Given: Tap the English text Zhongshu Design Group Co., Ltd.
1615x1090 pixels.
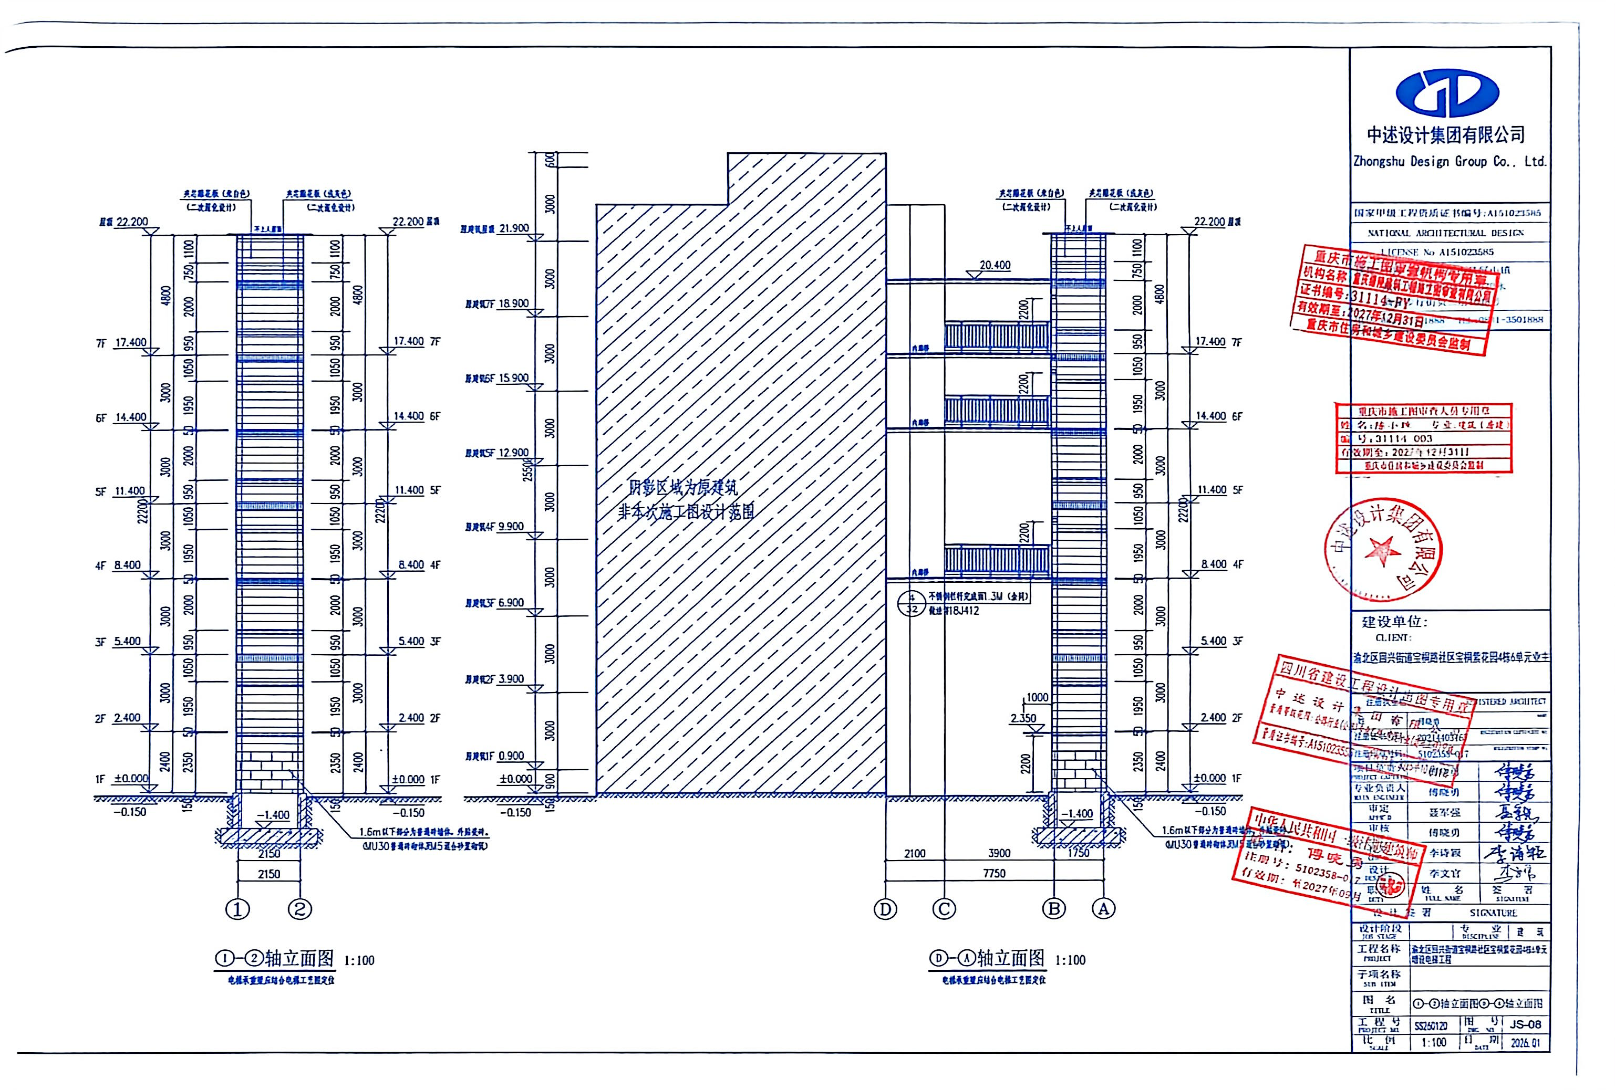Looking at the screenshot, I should click(x=1450, y=162).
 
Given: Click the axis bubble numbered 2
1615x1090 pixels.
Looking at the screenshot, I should click(x=300, y=909).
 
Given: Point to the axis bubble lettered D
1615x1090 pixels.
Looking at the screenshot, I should click(x=885, y=909).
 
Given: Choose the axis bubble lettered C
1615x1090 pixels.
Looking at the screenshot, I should click(x=944, y=909).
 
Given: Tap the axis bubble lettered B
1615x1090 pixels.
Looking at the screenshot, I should click(x=1054, y=909).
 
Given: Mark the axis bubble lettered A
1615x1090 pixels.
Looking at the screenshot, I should click(x=1103, y=909).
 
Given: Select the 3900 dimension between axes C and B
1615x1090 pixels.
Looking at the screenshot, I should click(x=999, y=853).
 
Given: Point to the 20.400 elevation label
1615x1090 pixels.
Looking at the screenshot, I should click(x=995, y=265).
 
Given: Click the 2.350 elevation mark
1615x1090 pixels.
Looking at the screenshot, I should click(x=1023, y=718).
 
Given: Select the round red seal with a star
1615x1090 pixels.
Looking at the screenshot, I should click(x=1383, y=551).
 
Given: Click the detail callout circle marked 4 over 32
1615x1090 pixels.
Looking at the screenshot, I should click(x=913, y=603).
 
